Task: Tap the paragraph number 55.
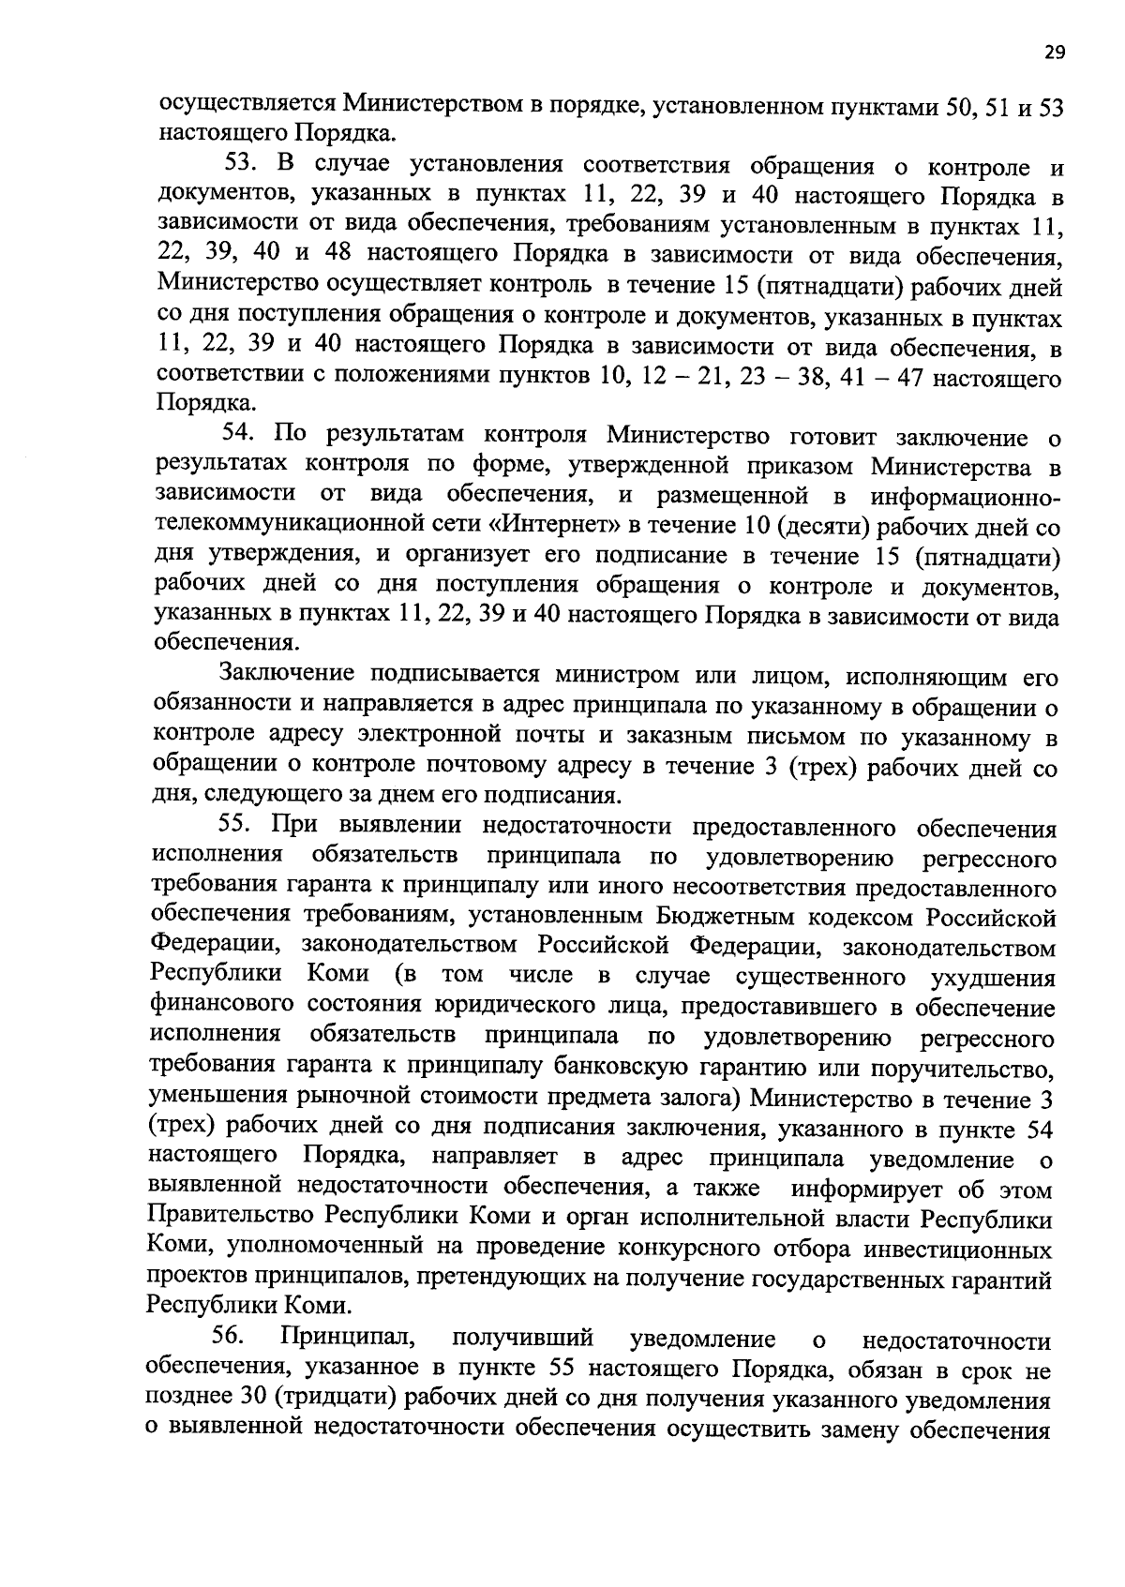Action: tap(237, 825)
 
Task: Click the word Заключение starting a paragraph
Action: tap(286, 676)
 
